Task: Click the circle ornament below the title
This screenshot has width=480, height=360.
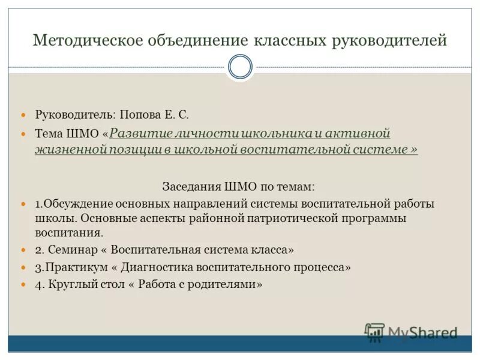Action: pos(240,67)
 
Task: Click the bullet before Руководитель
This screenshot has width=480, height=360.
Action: pos(24,114)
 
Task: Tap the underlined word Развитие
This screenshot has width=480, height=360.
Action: pos(136,133)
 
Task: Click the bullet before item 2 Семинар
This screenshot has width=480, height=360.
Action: pos(24,250)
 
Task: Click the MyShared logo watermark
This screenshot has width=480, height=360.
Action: pos(411,332)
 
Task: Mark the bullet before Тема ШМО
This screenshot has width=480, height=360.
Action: pos(24,133)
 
